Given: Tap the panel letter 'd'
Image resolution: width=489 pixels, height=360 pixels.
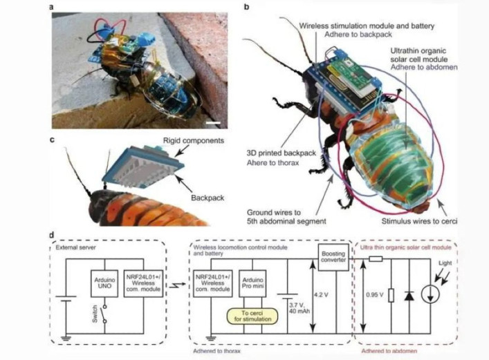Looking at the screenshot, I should [x=54, y=235].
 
